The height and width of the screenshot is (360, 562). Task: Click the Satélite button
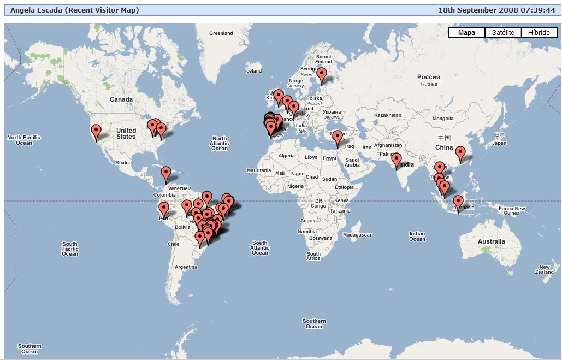click(503, 33)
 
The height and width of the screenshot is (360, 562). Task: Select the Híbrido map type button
click(539, 33)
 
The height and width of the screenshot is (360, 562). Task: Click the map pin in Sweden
click(322, 74)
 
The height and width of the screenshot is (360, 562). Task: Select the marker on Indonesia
click(458, 202)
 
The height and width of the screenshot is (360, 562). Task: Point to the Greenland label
click(221, 33)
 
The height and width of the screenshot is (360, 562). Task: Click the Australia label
click(491, 241)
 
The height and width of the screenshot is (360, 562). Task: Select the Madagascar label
click(358, 235)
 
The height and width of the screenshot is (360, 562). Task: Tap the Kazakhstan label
click(388, 115)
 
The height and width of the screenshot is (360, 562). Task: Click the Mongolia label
click(443, 119)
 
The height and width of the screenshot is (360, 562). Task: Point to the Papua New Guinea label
click(512, 211)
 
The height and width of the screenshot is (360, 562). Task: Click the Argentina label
click(186, 267)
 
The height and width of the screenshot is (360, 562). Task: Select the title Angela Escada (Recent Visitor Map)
click(75, 10)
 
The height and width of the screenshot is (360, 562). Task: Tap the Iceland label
click(253, 71)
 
